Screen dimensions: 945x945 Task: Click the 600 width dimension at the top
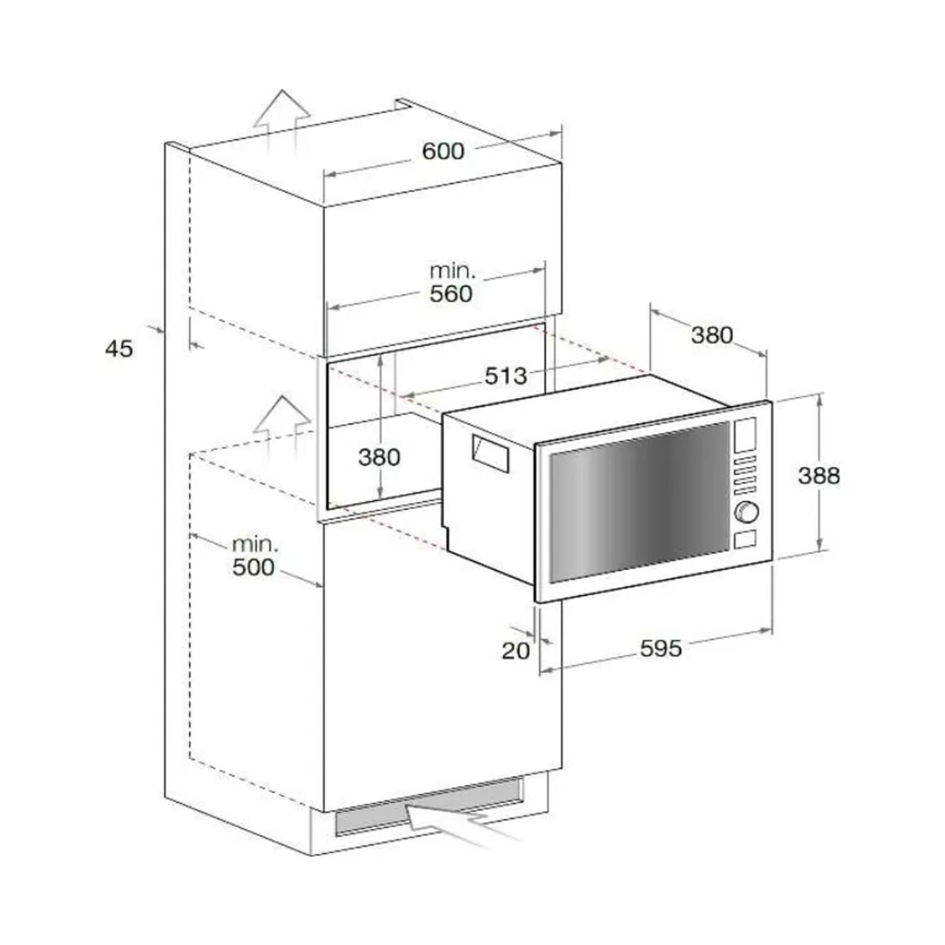(443, 151)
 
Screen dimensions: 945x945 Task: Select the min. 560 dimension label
(451, 283)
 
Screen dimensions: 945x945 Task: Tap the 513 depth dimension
(506, 376)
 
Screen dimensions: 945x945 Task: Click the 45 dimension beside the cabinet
(119, 348)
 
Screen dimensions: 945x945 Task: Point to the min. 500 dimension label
(253, 556)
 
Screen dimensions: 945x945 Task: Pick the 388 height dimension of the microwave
(819, 475)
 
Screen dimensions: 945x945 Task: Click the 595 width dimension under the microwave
(661, 649)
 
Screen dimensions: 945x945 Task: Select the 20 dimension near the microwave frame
(516, 651)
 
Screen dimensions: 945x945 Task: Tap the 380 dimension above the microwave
(712, 335)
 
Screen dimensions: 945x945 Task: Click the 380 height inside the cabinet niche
(379, 457)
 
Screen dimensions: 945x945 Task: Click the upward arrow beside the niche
(283, 421)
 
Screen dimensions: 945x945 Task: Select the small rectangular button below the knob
(746, 539)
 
